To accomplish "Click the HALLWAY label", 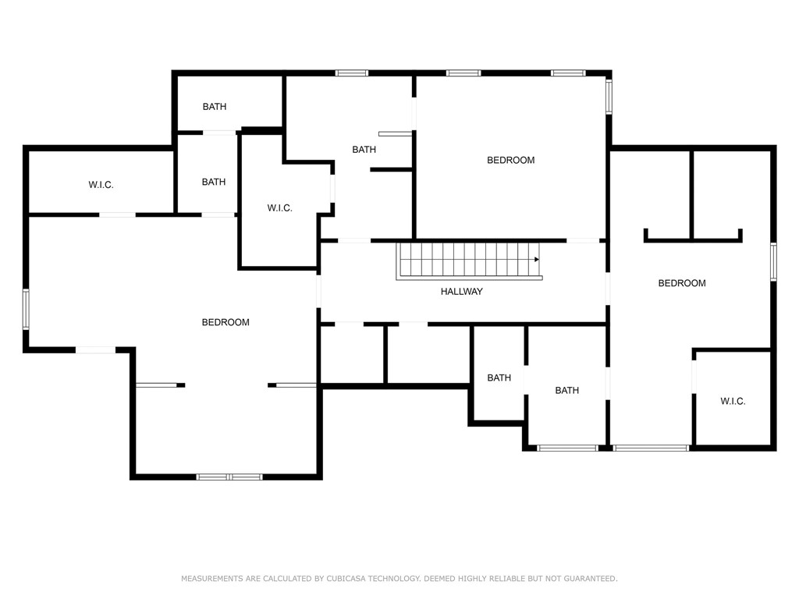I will click(461, 292).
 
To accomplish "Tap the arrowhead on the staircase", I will click(537, 259).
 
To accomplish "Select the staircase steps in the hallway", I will click(468, 260).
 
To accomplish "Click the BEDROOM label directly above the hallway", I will click(510, 161).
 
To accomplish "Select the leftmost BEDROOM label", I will click(225, 323).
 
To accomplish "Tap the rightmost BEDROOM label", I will click(681, 284).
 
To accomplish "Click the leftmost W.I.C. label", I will click(101, 186).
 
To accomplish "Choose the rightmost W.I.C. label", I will click(732, 402).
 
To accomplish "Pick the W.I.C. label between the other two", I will click(279, 208).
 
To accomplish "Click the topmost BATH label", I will click(214, 107).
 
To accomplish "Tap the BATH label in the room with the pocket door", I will click(364, 150).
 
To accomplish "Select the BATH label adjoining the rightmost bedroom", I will click(566, 391).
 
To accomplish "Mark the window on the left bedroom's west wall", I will click(26, 309).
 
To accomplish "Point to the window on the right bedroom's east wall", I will click(773, 261).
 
